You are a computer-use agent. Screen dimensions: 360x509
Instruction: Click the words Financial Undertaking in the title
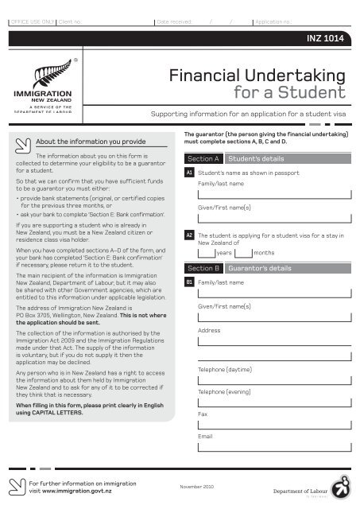point(257,76)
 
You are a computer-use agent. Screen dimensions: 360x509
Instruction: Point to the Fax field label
point(203,414)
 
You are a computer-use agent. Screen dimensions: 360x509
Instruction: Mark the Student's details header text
point(255,159)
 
